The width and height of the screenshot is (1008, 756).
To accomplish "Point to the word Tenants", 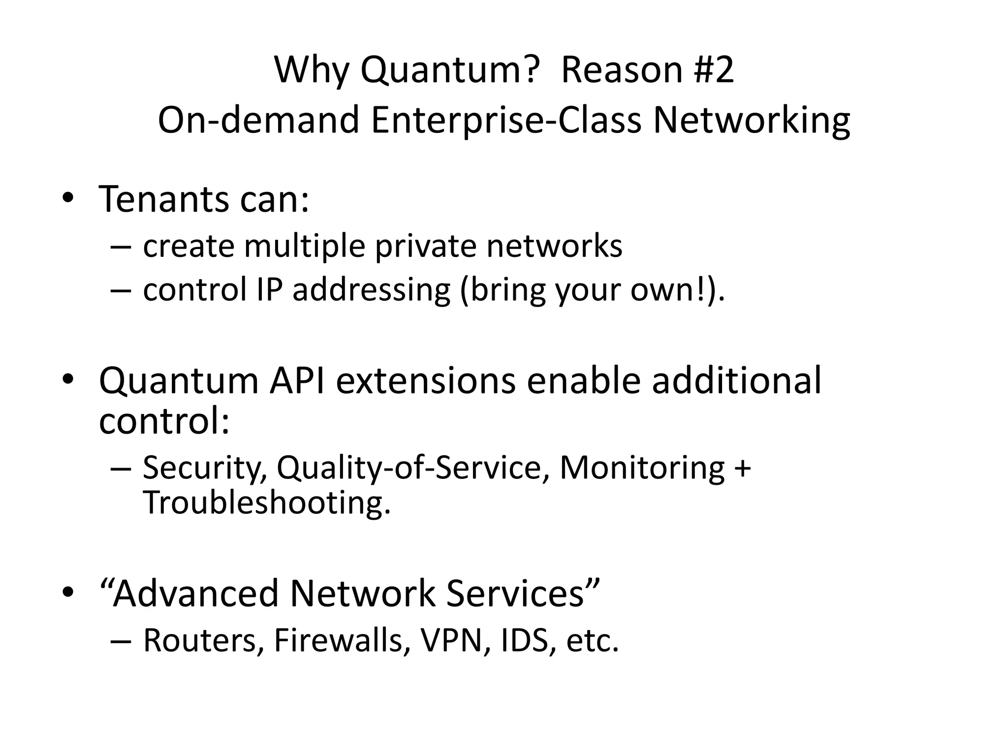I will [x=164, y=199].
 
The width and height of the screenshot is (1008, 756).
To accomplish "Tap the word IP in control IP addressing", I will [x=269, y=289].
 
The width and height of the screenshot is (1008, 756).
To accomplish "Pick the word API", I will [x=297, y=380].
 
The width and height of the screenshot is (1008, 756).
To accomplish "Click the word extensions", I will [x=425, y=380].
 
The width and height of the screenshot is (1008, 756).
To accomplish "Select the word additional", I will [x=736, y=380].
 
